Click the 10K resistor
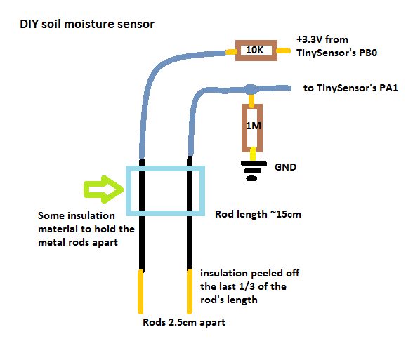tap(256, 51)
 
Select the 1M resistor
tap(252, 128)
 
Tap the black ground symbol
tap(253, 171)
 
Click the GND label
tap(285, 167)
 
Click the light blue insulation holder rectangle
tap(166, 168)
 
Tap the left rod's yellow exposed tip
tap(140, 292)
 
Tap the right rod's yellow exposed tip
tap(190, 292)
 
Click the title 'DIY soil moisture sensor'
tap(87, 24)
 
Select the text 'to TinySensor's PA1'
tap(350, 88)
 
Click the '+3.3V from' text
tap(322, 39)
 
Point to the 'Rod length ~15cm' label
tap(258, 214)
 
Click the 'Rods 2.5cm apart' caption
tap(184, 322)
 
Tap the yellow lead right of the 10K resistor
tap(284, 51)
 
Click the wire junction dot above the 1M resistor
tap(251, 89)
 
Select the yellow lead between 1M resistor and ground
tap(253, 154)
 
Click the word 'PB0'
tap(368, 53)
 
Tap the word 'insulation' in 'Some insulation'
tap(91, 216)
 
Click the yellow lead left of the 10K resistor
tap(230, 52)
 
